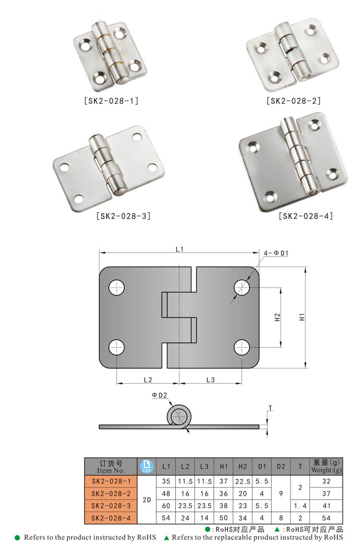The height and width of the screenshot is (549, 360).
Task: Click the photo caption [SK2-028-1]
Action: (x=111, y=101)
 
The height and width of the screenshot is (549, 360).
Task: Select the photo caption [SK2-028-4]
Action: (x=306, y=216)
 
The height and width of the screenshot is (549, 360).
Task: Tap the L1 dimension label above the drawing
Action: (x=180, y=249)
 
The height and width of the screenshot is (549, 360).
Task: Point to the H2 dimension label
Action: (x=277, y=317)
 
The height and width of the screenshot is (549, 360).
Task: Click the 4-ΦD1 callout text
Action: (x=276, y=253)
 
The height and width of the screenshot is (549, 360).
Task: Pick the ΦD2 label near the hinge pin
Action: (x=159, y=395)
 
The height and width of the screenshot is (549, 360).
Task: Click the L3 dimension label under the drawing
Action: (x=210, y=379)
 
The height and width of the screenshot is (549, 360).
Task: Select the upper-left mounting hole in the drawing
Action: (x=117, y=288)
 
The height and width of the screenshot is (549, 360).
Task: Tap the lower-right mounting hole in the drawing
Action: (x=242, y=347)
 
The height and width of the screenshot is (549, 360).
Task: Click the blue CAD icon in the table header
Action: (x=146, y=466)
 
